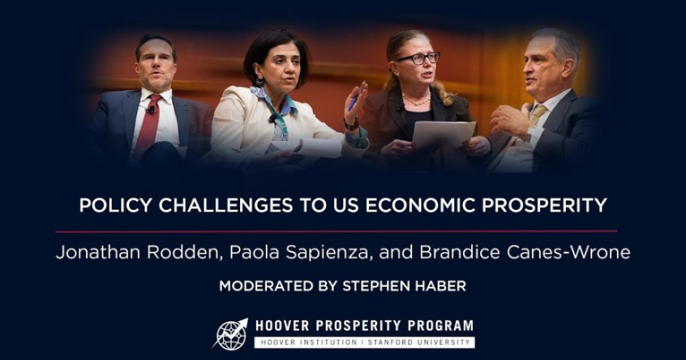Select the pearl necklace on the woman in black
pyautogui.click(x=416, y=101)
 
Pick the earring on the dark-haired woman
pyautogui.click(x=261, y=81)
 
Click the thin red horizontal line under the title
pyautogui.click(x=336, y=231)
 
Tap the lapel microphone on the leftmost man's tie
pyautogui.click(x=151, y=109)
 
